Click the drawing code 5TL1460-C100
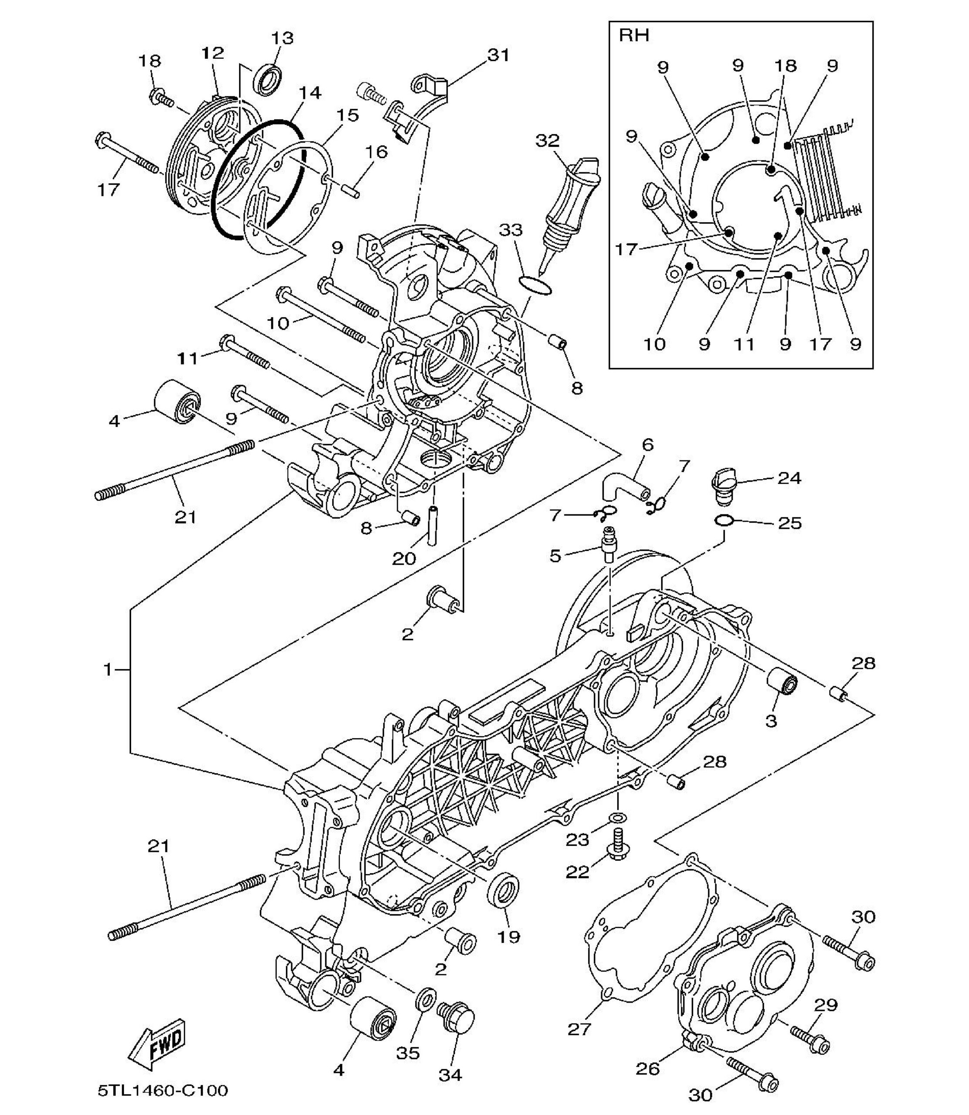tap(163, 1090)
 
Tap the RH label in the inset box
tap(634, 36)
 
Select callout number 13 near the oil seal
tap(282, 38)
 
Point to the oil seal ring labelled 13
tap(268, 80)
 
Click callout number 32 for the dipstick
tap(547, 141)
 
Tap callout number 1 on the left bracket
tap(108, 670)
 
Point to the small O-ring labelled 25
tap(723, 520)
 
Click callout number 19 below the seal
tap(508, 936)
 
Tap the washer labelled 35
tap(426, 999)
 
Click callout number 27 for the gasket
tap(580, 1028)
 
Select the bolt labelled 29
tap(810, 1039)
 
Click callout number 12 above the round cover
tap(212, 53)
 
